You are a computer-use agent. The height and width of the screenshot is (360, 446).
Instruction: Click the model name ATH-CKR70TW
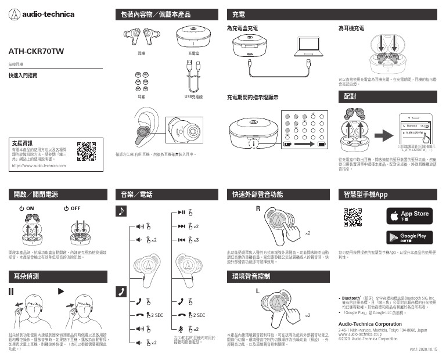(x=36, y=52)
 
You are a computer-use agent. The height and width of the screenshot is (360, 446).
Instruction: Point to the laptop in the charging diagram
(x=308, y=48)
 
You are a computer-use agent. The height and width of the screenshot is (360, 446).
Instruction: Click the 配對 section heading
(x=350, y=95)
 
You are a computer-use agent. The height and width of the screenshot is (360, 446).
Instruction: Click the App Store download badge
(x=410, y=217)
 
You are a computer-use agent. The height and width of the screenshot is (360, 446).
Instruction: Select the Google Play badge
(x=410, y=238)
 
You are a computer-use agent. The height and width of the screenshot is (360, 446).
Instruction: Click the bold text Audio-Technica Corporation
(x=370, y=323)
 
